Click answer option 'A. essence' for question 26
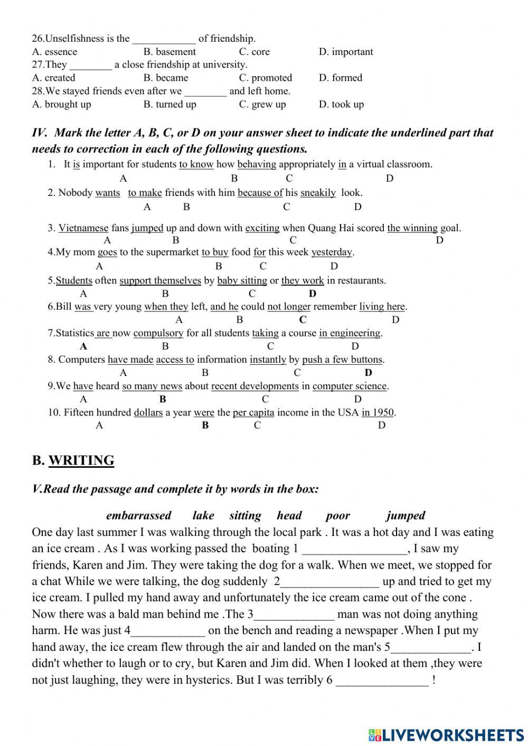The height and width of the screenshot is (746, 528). [54, 52]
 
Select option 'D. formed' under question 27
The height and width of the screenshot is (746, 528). [340, 78]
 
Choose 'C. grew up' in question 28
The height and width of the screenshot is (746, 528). [262, 104]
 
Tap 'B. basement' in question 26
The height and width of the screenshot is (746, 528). [169, 52]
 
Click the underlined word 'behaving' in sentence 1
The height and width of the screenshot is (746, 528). [257, 164]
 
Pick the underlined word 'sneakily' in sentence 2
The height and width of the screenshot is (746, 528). [318, 193]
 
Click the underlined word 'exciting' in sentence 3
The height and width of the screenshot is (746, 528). [262, 228]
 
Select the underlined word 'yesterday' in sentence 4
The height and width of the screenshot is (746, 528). [332, 252]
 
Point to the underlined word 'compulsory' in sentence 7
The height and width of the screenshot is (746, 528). [158, 333]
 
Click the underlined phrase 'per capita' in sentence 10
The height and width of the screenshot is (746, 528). [253, 412]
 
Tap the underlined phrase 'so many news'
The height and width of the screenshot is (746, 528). [152, 386]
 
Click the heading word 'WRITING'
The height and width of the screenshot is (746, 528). [81, 460]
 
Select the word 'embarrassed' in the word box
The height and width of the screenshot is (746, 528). [138, 515]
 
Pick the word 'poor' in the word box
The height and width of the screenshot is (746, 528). [338, 515]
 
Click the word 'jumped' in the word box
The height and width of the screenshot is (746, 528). [405, 515]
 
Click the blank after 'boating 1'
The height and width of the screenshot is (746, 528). [354, 549]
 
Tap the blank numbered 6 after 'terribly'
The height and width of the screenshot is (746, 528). [382, 680]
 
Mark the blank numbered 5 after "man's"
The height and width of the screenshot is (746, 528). [431, 647]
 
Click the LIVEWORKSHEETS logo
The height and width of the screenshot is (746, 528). [446, 734]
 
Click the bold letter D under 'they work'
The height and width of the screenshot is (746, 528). [313, 294]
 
